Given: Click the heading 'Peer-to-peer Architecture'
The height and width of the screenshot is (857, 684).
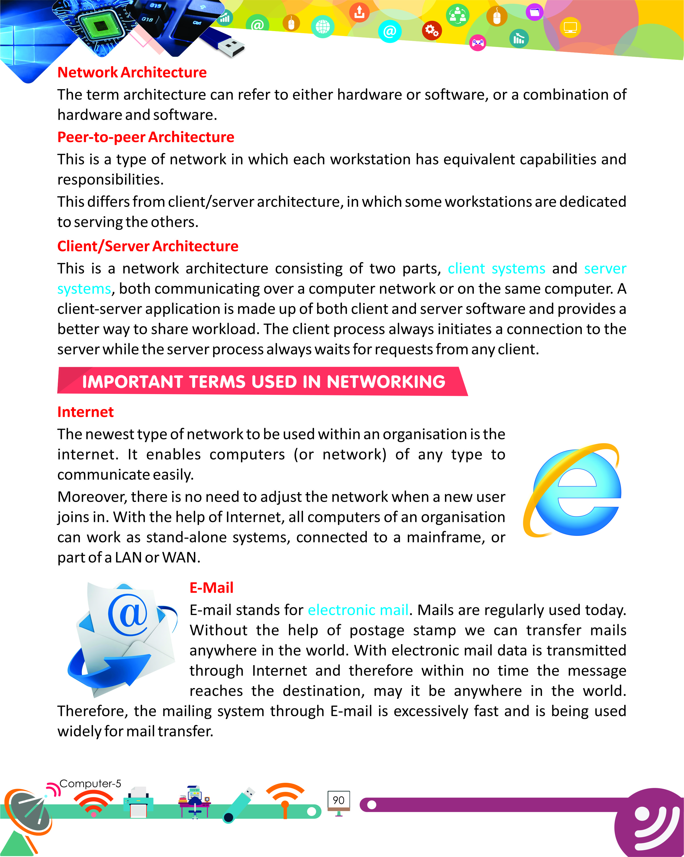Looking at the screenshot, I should [x=146, y=137].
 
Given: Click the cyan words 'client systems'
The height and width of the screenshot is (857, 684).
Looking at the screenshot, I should [x=496, y=269].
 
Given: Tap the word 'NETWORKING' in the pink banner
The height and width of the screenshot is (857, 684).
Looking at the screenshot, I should [x=385, y=382].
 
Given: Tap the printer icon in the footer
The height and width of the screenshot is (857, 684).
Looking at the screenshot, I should [x=138, y=803].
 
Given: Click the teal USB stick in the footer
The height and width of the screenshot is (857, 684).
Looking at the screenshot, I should [x=239, y=805].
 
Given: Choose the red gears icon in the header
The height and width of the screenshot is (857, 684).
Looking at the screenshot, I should [x=432, y=30].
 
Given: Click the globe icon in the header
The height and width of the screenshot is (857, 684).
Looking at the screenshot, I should [x=323, y=27].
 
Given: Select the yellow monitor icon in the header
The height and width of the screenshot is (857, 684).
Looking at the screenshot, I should [x=570, y=28].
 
